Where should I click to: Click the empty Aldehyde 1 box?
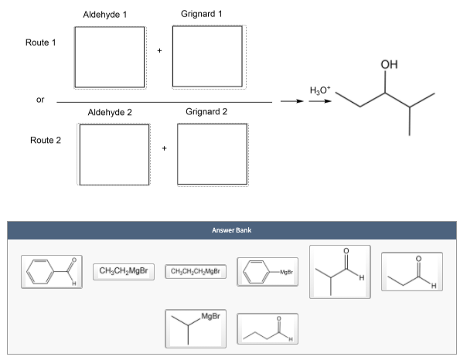(109, 57)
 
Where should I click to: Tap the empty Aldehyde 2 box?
(113, 153)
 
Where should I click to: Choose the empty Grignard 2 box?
(212, 153)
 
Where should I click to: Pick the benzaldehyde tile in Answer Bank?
(49, 273)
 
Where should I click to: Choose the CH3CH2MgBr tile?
(124, 270)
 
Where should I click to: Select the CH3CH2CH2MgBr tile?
(196, 271)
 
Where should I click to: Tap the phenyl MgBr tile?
(268, 273)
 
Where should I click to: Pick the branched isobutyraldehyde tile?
(339, 271)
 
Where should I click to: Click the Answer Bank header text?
(233, 230)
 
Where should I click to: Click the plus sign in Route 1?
(159, 52)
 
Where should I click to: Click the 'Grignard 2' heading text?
(206, 112)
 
